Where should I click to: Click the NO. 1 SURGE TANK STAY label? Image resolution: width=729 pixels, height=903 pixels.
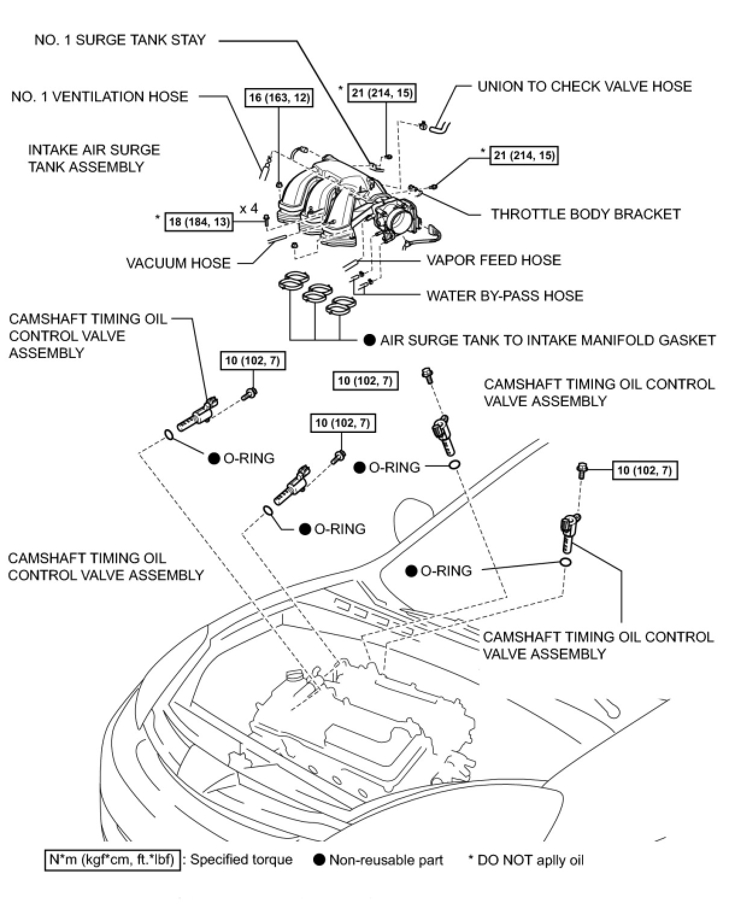(120, 40)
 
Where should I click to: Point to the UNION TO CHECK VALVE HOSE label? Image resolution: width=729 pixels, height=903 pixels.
(584, 86)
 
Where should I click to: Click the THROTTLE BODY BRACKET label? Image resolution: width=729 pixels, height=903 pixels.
(586, 214)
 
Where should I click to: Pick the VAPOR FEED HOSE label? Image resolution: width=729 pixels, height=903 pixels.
(493, 260)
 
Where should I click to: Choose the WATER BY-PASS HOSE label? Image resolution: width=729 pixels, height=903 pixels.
(505, 295)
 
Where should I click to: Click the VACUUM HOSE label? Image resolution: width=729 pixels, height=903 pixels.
(178, 263)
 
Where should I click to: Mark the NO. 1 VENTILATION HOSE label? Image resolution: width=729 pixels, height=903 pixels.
(99, 96)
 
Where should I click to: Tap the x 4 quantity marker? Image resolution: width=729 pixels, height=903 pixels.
(248, 209)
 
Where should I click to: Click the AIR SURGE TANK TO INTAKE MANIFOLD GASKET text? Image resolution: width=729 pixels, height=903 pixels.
(548, 340)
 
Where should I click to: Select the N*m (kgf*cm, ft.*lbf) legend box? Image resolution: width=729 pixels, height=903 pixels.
(112, 860)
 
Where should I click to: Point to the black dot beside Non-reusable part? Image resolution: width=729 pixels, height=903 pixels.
(319, 860)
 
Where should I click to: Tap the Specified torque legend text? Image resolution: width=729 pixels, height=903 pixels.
(241, 860)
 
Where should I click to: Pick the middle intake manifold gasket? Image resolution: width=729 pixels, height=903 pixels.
(318, 294)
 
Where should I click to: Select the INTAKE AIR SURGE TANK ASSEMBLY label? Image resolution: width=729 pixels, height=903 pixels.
(94, 158)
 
